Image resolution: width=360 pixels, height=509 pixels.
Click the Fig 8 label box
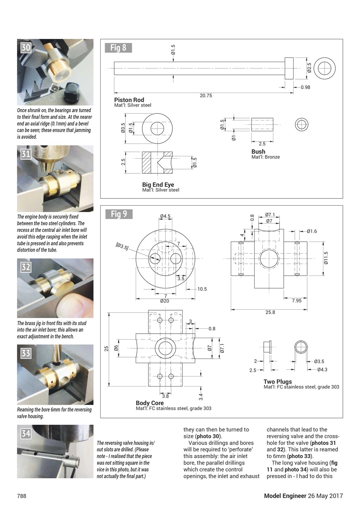click(x=118, y=48)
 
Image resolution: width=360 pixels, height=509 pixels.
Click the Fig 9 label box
click(x=119, y=214)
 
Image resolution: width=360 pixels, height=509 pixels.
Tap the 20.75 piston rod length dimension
click(x=205, y=95)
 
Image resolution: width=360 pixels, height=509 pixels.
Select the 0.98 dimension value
click(x=305, y=87)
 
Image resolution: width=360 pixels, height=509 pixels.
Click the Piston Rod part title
click(x=129, y=100)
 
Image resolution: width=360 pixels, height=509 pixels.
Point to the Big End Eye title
click(x=158, y=185)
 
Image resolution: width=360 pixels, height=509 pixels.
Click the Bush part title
click(x=258, y=152)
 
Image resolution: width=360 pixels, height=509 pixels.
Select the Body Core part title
click(x=150, y=403)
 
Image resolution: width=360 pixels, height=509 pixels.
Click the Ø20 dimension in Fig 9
click(x=164, y=301)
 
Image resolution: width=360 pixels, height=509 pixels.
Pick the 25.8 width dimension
click(x=270, y=312)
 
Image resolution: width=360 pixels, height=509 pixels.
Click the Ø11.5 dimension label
click(x=326, y=258)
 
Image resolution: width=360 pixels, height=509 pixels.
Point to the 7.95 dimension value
click(x=296, y=301)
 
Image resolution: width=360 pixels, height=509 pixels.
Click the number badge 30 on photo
click(x=26, y=48)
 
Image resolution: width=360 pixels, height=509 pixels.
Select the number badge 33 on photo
click(x=26, y=353)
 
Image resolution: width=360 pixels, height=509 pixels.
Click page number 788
click(x=21, y=496)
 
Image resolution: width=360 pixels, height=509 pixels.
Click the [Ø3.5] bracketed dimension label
click(x=122, y=247)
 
